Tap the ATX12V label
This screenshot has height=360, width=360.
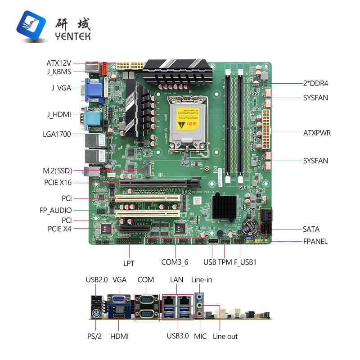59,63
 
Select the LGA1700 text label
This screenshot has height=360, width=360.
57,134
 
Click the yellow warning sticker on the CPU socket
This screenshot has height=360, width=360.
188,119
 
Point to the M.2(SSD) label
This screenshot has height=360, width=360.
58,171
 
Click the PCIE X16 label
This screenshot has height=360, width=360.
58,183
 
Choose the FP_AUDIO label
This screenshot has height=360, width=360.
55,210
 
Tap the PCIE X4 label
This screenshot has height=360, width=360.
59,229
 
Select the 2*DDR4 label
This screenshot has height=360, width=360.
316,83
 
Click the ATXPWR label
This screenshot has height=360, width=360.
317,133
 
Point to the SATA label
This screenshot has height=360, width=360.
311,229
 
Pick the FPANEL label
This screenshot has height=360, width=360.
315,242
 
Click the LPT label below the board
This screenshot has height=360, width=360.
129,263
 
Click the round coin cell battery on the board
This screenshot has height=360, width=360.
251,226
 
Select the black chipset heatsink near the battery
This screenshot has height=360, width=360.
224,206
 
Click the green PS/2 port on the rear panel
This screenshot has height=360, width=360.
96,313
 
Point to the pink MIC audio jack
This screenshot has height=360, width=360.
199,314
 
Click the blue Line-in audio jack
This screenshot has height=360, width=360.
199,297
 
